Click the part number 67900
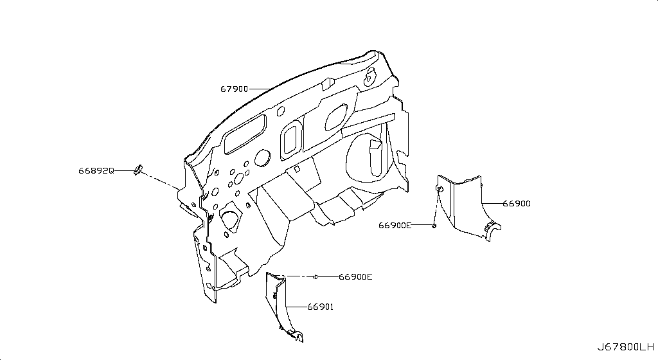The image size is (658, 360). pos(234,89)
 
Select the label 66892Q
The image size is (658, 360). pos(96,171)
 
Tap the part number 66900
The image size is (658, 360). pos(517,204)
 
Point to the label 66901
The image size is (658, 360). pos(320,307)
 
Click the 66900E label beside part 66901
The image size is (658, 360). pos(355,277)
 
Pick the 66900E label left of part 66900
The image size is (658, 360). pos(395,225)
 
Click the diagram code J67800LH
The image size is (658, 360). pos(626,347)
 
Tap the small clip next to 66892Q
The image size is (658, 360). pos(138,170)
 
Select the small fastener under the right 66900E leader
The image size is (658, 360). pos(434,226)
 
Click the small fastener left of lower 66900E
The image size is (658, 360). pos(316,276)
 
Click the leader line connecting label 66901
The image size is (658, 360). pos(296,307)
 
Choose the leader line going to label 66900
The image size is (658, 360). pos(492,204)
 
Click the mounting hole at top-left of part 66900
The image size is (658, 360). pos(439,189)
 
